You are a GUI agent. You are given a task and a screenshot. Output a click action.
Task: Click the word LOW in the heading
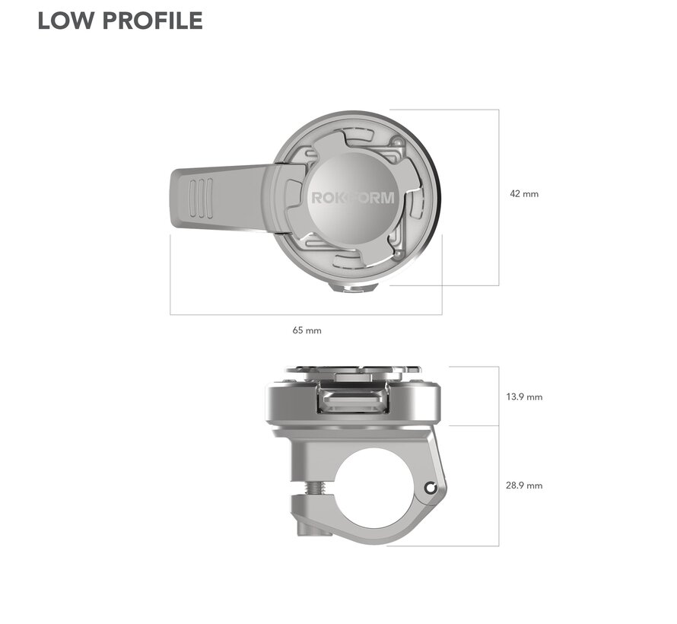point(62,21)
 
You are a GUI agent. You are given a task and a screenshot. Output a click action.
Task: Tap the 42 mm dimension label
point(524,194)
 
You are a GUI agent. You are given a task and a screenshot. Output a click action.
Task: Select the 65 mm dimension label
point(307,330)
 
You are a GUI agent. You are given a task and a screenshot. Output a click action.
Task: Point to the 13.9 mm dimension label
point(524,397)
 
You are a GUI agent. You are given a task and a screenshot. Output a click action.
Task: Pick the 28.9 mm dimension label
point(524,486)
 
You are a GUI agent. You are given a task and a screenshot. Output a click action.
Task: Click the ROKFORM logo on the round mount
point(353,198)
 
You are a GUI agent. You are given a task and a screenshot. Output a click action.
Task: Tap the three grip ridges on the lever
point(200,199)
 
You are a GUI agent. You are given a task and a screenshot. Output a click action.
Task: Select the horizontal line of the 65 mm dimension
point(306,314)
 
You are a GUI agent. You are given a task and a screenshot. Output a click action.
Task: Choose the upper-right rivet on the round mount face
point(396,142)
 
